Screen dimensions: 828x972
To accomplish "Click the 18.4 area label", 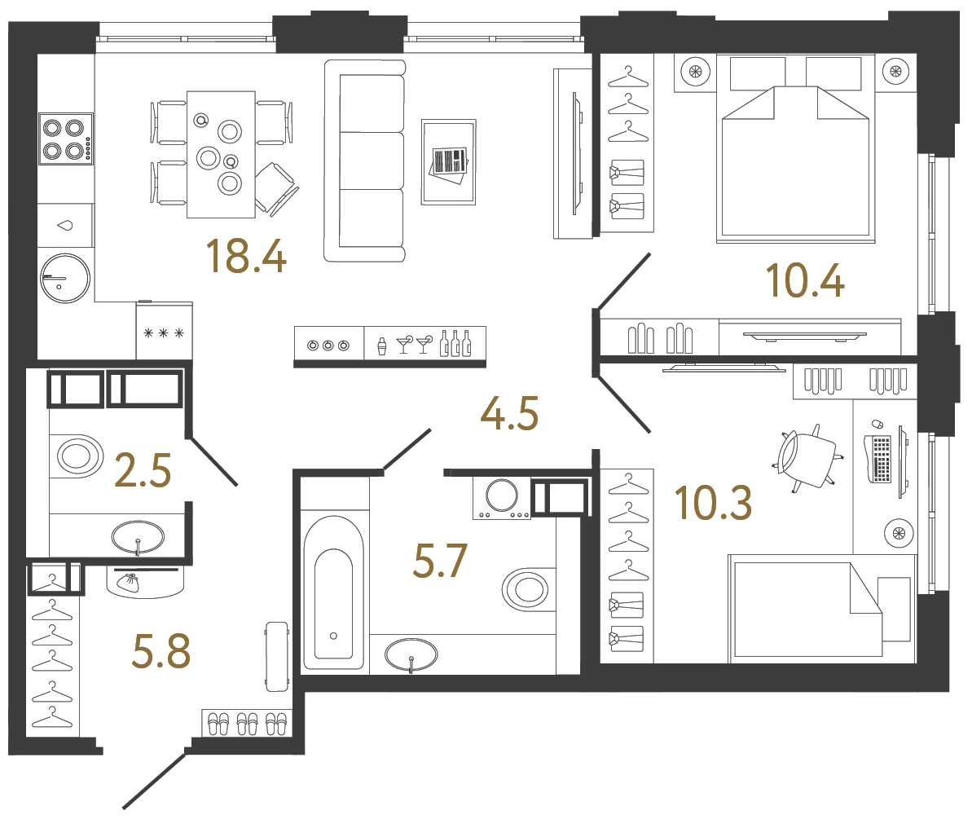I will [245, 256].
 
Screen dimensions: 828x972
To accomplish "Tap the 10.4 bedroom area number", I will [804, 280].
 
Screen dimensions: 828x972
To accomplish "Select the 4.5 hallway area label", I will [509, 414].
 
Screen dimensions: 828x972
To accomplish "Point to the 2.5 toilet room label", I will [143, 471].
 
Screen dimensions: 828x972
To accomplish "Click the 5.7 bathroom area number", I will [440, 562].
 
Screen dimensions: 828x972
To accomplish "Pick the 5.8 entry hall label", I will [161, 652].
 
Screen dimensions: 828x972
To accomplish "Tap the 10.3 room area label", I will [713, 503].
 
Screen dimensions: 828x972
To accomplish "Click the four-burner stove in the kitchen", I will [65, 139].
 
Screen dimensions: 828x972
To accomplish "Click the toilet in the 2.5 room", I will [78, 455].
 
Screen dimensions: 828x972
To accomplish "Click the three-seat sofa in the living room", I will [364, 161].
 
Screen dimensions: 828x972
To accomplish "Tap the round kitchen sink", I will [64, 278].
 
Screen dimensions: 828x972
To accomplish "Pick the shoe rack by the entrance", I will [247, 723].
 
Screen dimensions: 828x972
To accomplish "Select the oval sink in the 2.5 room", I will [137, 537].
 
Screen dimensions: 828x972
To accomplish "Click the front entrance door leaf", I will [155, 780].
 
